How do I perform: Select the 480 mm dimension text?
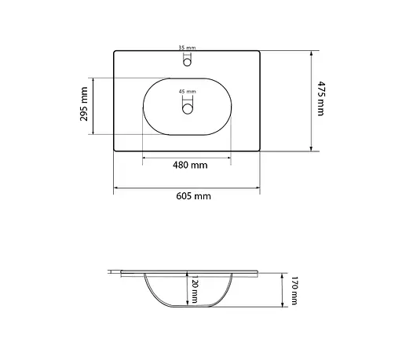click(x=188, y=165)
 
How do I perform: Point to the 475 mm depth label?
click(x=320, y=100)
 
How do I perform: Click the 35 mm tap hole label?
click(x=187, y=48)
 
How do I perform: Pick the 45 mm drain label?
click(x=188, y=92)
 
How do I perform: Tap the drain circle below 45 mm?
click(x=187, y=110)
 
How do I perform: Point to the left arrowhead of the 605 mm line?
click(x=117, y=188)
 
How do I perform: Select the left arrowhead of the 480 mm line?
click(x=144, y=157)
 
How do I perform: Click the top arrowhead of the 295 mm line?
click(x=93, y=80)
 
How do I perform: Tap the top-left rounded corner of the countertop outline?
click(x=116, y=53)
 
